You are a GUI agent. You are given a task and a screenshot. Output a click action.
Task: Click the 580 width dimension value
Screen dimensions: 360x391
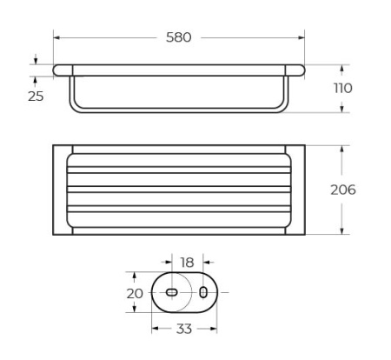click(x=178, y=37)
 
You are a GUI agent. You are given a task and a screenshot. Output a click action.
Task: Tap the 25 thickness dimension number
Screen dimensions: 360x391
click(x=36, y=96)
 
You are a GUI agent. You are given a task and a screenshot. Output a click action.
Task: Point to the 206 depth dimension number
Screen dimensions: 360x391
click(x=343, y=189)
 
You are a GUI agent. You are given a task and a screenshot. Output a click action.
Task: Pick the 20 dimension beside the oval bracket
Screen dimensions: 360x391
click(x=135, y=293)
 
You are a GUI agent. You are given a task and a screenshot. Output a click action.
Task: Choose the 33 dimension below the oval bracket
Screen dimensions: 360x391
click(x=185, y=329)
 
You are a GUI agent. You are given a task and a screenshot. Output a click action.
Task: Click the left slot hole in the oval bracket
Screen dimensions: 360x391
click(x=172, y=292)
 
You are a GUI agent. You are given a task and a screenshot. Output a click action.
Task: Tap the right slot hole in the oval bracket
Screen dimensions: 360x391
click(x=203, y=292)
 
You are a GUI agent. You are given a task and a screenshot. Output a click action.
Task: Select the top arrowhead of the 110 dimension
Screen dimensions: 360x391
click(x=343, y=68)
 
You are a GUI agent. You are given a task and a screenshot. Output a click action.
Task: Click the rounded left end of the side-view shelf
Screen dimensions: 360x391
click(x=58, y=70)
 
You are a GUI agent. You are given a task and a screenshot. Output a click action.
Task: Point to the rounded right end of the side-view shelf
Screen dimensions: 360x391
click(x=300, y=70)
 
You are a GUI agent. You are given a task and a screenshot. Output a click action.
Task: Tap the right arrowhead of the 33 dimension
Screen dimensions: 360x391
click(x=214, y=329)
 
